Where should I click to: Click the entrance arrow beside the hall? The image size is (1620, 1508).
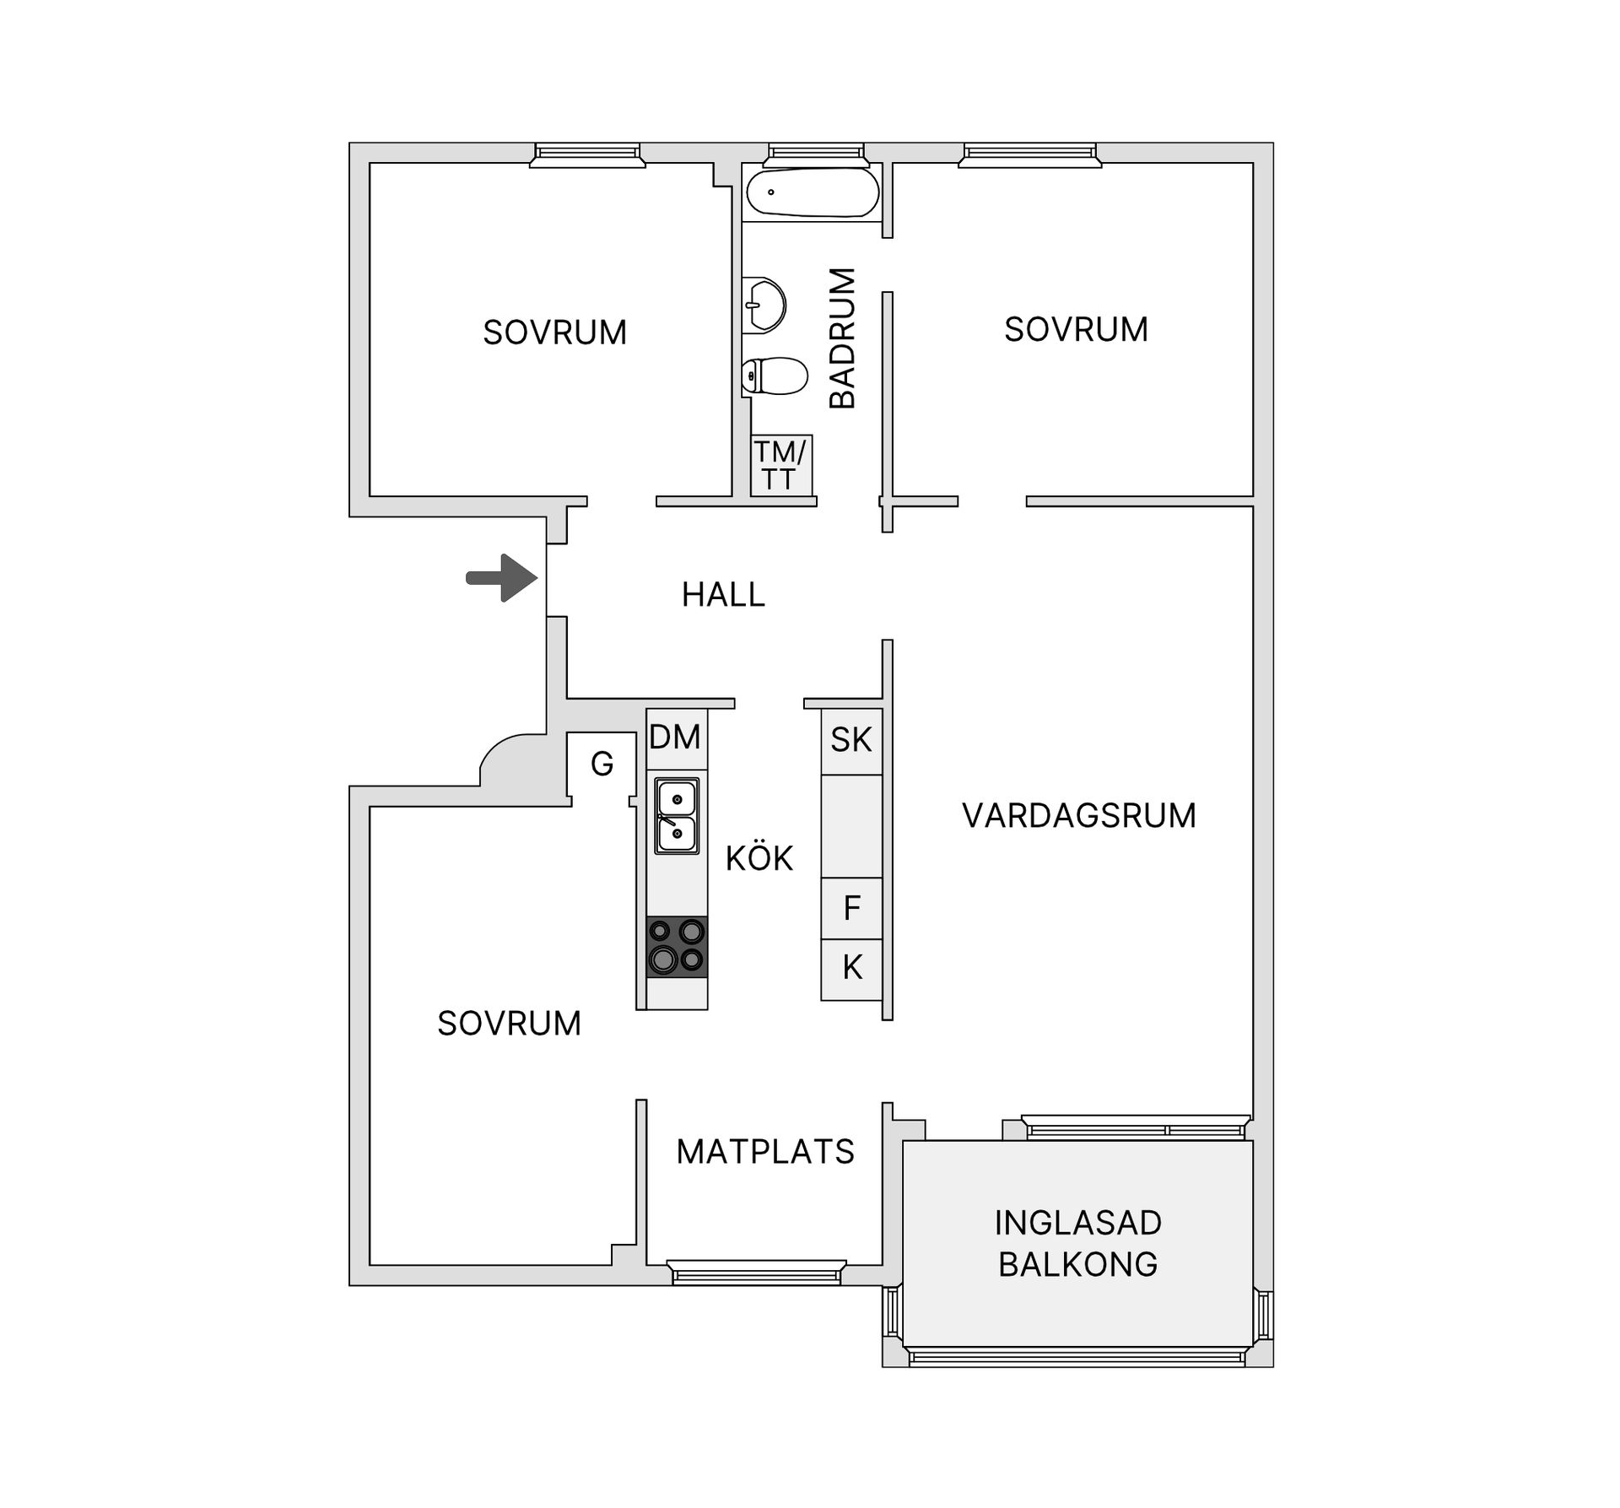pos(503,578)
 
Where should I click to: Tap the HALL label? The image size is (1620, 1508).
pos(723,595)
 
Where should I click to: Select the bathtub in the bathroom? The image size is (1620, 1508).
pos(812,192)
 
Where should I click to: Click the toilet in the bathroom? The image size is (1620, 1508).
pos(774,376)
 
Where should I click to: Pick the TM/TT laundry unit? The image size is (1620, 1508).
pos(781,466)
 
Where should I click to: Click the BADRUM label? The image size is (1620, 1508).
pos(842,338)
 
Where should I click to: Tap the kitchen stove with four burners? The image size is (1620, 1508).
pos(677,947)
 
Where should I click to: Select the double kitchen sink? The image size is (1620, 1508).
pos(677,816)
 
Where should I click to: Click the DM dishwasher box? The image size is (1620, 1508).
pos(676,738)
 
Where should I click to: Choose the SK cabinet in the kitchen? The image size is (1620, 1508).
pos(851,741)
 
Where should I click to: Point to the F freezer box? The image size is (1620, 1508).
pos(851,909)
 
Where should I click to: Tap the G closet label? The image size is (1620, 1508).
pos(602,765)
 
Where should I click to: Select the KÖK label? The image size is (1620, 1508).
pos(759,857)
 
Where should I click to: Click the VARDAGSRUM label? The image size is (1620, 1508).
pos(1079,816)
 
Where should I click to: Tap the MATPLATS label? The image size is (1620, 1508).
pos(765,1152)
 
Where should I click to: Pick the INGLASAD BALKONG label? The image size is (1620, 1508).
pos(1078,1243)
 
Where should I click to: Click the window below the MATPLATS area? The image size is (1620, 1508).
pos(756,1272)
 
